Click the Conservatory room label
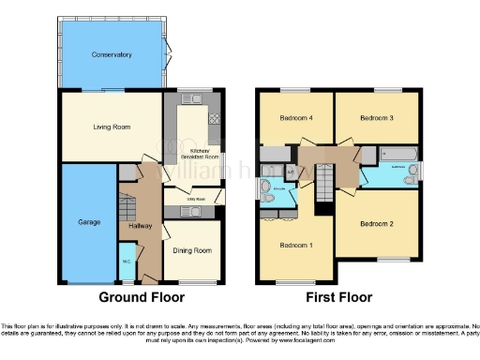click(112, 55)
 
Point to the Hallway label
click(140, 226)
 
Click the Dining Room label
click(192, 251)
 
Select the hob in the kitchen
click(215, 119)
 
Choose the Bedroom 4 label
click(295, 118)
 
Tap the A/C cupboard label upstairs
click(291, 172)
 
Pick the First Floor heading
click(338, 298)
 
